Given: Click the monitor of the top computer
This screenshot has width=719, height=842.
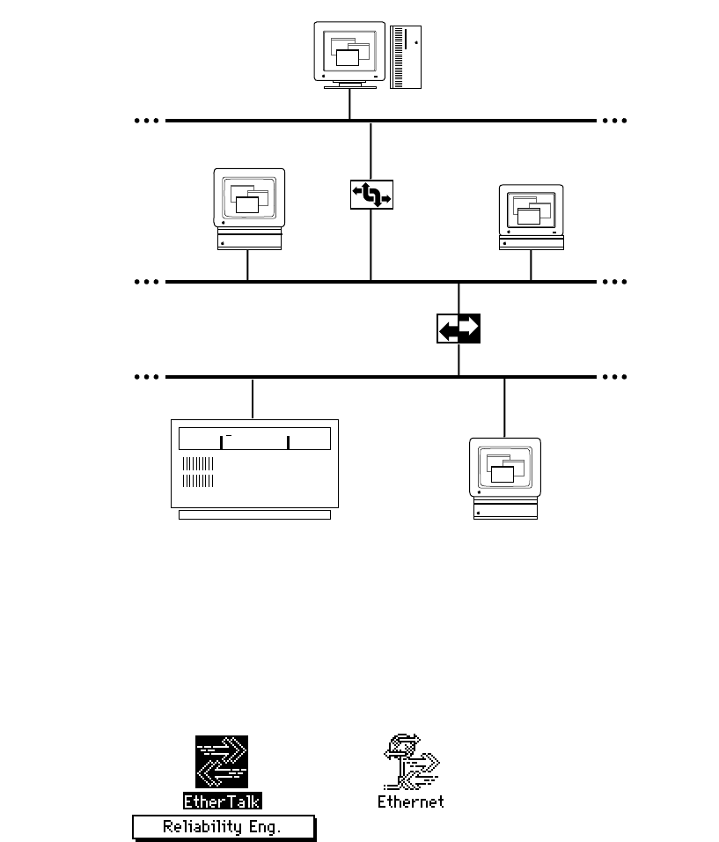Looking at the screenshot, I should pyautogui.click(x=349, y=53).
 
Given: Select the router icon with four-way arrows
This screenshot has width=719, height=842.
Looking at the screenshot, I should pyautogui.click(x=371, y=195).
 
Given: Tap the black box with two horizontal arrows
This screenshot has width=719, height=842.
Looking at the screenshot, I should pyautogui.click(x=459, y=328).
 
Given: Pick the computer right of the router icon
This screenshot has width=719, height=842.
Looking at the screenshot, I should pyautogui.click(x=531, y=217).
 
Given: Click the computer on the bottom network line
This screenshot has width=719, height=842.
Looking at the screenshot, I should pyautogui.click(x=505, y=477).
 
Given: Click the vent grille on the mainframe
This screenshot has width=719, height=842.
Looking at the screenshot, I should pyautogui.click(x=198, y=472).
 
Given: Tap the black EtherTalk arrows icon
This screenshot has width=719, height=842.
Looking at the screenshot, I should pyautogui.click(x=222, y=762).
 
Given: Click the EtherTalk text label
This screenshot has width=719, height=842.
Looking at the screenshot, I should pyautogui.click(x=223, y=801).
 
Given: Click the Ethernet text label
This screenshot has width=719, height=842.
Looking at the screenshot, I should pyautogui.click(x=411, y=801).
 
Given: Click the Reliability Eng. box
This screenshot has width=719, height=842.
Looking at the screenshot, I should pyautogui.click(x=224, y=827).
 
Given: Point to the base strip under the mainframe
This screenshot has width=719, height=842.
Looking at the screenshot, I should pyautogui.click(x=253, y=514).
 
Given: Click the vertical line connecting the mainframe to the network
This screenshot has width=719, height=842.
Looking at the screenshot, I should pyautogui.click(x=253, y=398).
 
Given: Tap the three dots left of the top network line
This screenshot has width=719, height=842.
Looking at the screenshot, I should pyautogui.click(x=147, y=120).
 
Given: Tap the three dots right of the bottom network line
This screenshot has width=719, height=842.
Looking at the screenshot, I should pyautogui.click(x=614, y=377).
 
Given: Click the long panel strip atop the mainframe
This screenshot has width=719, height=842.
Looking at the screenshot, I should pyautogui.click(x=253, y=439).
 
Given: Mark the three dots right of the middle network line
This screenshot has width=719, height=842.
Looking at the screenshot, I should pyautogui.click(x=614, y=282).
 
